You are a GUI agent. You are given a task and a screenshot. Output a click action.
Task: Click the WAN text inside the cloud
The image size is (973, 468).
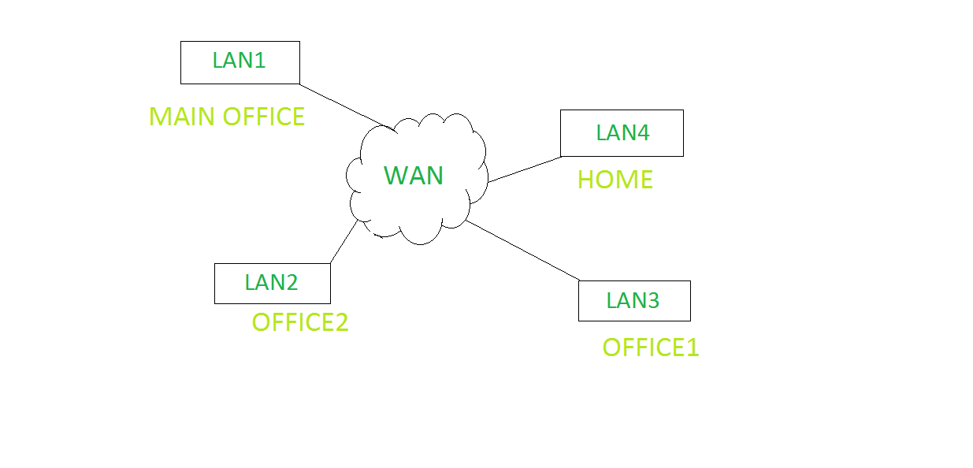(414, 176)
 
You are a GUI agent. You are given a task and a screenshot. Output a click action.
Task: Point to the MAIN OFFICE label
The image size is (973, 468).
(227, 117)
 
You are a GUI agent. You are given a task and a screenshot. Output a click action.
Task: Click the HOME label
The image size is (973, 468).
(615, 180)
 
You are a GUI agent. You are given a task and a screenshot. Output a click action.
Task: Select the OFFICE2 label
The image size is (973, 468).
(300, 322)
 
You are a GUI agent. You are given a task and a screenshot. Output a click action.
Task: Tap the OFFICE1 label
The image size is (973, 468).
(651, 347)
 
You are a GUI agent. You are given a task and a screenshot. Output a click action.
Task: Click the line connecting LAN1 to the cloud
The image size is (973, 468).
(343, 104)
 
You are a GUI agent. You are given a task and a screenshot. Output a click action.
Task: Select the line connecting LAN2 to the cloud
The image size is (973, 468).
(344, 242)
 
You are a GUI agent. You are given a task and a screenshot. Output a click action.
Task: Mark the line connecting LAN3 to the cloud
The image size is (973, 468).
(522, 251)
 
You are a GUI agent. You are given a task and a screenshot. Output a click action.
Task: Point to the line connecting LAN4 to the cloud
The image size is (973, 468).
(524, 169)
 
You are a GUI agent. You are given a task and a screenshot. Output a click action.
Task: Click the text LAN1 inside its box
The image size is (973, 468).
(240, 61)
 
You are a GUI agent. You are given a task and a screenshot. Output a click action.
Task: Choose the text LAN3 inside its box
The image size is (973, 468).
(633, 300)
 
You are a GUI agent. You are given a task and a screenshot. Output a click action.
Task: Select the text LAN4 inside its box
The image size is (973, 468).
(622, 132)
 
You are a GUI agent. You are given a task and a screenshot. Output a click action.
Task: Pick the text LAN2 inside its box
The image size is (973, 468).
(272, 282)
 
